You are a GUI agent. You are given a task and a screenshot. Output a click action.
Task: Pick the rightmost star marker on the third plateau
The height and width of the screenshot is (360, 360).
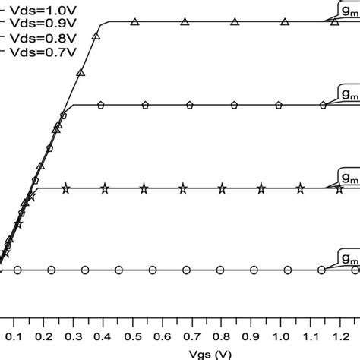pos(302,188)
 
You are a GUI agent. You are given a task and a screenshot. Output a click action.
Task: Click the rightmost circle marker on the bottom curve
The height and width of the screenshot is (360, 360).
pos(321,270)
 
